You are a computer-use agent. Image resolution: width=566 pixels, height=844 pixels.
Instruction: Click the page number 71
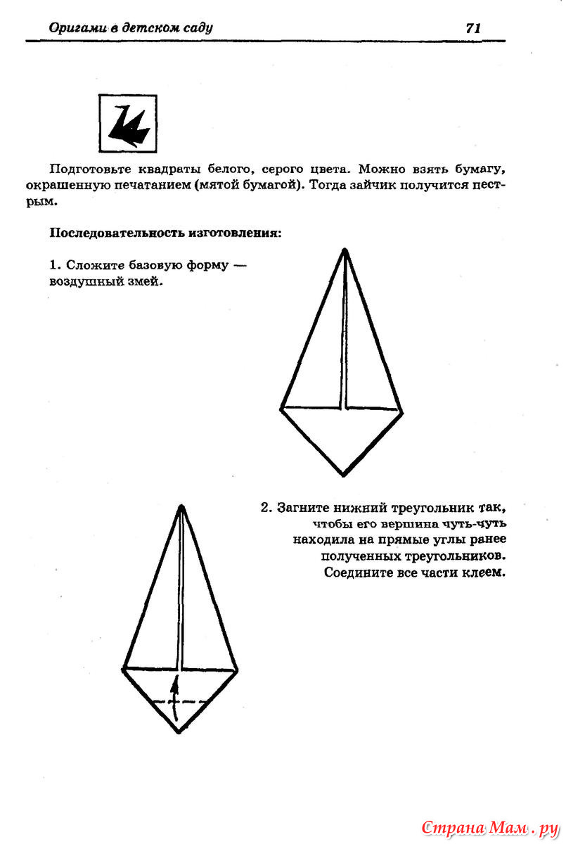[472, 28]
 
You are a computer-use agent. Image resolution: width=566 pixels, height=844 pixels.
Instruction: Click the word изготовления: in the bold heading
[236, 233]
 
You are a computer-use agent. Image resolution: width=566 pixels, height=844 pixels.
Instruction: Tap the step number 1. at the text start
[56, 266]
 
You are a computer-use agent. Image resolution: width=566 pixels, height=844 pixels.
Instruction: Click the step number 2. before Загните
[266, 508]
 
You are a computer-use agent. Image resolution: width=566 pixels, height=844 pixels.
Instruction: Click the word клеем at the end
[484, 573]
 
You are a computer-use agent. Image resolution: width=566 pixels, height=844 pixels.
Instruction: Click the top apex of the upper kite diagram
[345, 250]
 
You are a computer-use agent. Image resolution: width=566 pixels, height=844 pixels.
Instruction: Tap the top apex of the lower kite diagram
[181, 506]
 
